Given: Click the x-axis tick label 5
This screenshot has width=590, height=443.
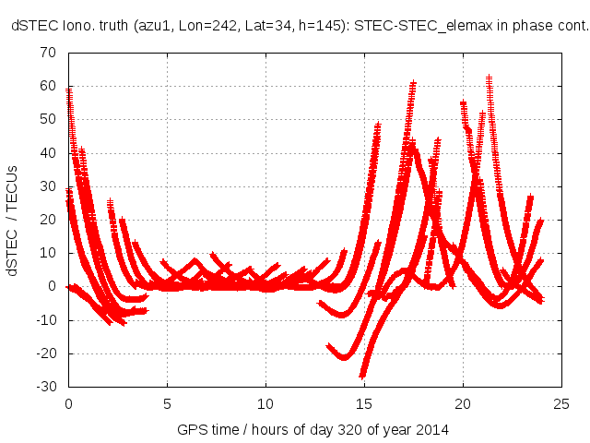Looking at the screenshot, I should (167, 403).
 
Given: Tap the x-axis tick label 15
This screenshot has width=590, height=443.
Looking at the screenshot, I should (364, 403).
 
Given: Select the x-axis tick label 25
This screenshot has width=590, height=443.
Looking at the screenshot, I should (561, 403).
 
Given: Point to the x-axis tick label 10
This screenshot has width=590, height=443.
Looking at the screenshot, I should (265, 403).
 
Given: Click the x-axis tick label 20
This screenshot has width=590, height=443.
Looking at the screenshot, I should (463, 403).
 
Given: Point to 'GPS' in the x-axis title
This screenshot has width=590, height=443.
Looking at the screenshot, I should (191, 430).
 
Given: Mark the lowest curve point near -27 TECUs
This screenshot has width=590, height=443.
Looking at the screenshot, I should (363, 376).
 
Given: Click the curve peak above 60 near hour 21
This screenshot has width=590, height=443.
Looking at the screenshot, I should (489, 79).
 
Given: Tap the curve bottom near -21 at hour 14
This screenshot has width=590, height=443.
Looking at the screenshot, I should (345, 357).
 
